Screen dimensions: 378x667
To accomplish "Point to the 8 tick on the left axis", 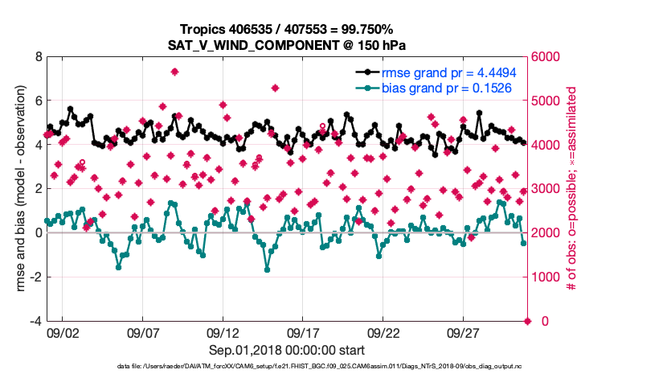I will click(x=38, y=57).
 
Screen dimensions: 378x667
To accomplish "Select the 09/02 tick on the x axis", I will click(x=63, y=332).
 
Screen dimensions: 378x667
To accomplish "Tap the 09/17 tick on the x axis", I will click(x=304, y=332).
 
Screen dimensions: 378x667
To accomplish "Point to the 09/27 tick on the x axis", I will click(x=464, y=332).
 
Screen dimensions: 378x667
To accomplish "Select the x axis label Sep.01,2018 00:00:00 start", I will click(x=288, y=350).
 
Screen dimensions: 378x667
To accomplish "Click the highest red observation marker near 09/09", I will click(x=174, y=72).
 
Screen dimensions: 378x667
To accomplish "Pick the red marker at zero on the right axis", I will click(x=528, y=321).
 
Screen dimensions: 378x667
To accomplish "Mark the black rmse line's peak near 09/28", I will click(x=479, y=113).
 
